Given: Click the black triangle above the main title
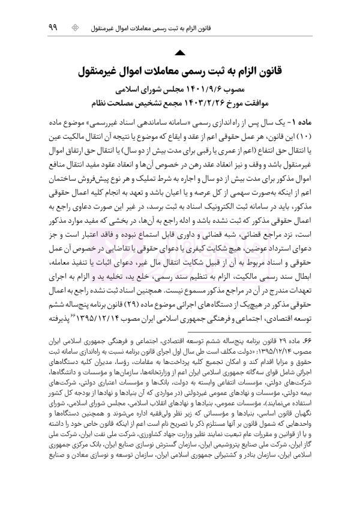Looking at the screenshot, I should pos(180,56).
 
